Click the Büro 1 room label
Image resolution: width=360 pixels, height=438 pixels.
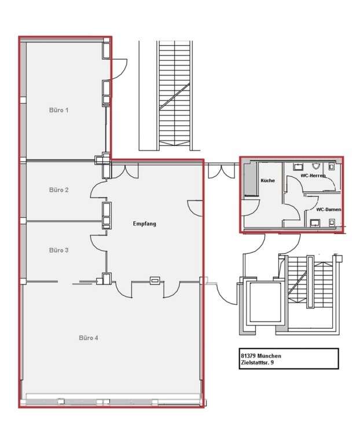coord(58,110)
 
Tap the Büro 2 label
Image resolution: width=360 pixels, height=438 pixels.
coord(58,190)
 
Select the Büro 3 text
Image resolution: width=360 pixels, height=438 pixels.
coord(58,250)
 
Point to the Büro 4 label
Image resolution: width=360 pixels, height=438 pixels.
coord(89,338)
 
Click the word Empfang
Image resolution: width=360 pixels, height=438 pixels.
coord(144,224)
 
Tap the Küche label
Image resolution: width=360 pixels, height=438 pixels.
coord(267,180)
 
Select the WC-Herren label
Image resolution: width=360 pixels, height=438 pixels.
coord(313,176)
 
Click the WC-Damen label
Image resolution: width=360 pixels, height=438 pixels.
coord(329,209)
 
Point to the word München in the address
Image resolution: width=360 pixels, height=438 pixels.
coord(269,356)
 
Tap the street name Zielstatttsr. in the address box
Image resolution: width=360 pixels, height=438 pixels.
coord(254,363)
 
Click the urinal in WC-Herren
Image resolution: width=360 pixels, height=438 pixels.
coord(316,166)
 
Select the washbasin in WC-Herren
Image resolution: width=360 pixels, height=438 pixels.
coord(298,167)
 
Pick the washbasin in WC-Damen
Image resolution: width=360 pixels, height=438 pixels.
coord(315,222)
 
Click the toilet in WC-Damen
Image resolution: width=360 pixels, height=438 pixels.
coord(332,222)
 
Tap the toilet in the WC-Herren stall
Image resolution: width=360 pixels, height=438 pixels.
coord(332,167)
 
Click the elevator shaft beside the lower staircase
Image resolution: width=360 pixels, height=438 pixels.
coord(265,303)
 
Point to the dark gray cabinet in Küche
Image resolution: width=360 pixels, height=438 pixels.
coord(251,179)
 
